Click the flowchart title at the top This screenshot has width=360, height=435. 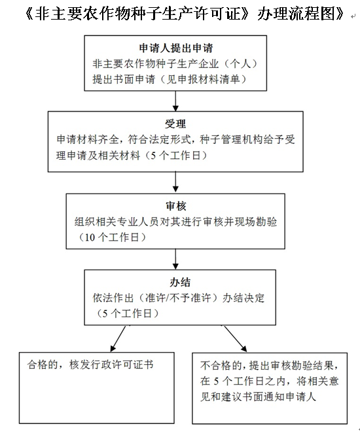tap(185, 14)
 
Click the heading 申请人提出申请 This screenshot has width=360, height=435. tap(175, 48)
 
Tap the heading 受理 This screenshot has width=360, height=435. tap(175, 124)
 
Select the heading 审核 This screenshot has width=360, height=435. tap(175, 206)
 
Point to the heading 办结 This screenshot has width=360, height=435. tap(180, 282)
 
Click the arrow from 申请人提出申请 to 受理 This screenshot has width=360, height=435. tap(175, 101)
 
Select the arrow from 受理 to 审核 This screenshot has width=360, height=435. tap(175, 182)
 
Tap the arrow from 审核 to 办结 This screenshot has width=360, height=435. tap(175, 259)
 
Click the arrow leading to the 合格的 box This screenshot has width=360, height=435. tap(118, 338)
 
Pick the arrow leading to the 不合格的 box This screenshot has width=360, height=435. tap(235, 338)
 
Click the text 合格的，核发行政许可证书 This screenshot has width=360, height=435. tap(90, 364)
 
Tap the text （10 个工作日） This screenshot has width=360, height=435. tap(111, 237)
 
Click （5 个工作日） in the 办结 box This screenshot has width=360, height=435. tap(127, 313)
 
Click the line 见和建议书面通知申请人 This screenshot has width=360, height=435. tap(258, 396)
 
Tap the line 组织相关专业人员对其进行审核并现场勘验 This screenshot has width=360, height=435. tap(175, 222)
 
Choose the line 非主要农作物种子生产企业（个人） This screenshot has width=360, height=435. tap(175, 64)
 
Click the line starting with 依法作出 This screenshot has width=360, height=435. tap(179, 298)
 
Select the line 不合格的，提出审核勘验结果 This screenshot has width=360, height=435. tap(270, 366)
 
